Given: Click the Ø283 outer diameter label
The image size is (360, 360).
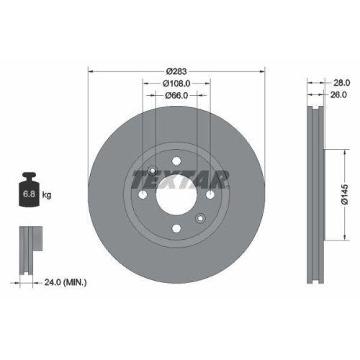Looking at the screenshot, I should coord(176,71).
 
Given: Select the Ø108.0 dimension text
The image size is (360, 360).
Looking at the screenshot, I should coord(177,84).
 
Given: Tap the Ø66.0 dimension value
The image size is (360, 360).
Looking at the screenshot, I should coord(176,96).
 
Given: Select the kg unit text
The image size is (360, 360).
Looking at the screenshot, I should coord(47,195).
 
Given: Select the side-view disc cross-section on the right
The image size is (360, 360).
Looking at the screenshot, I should coord(315,194).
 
